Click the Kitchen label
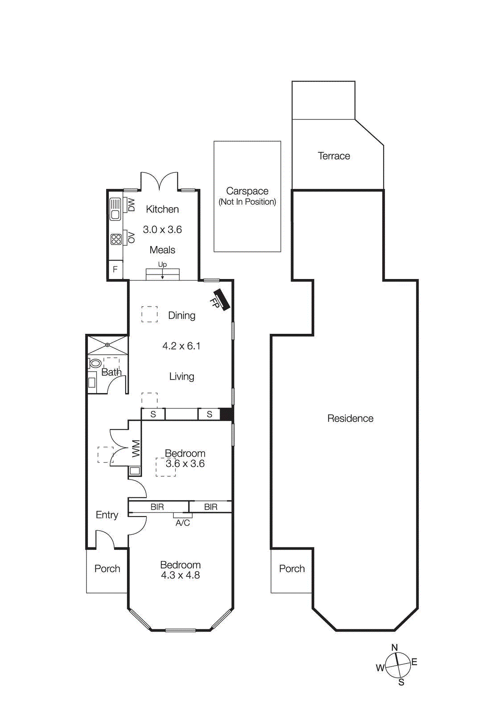click(x=162, y=209)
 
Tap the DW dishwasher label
click(x=131, y=205)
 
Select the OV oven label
click(x=131, y=237)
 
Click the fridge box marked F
click(x=115, y=269)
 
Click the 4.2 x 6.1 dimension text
click(x=181, y=346)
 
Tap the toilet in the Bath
click(x=95, y=363)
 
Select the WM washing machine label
click(x=136, y=448)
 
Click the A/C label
click(x=183, y=523)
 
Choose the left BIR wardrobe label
click(x=157, y=507)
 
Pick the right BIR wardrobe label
click(x=211, y=507)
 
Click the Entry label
click(x=107, y=515)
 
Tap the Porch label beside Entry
click(x=107, y=569)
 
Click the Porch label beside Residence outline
click(x=292, y=569)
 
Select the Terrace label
click(x=334, y=156)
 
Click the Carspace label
click(x=247, y=191)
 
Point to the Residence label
click(x=350, y=418)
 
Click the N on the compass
click(x=394, y=647)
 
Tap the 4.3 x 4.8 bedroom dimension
click(x=180, y=575)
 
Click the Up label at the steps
click(x=162, y=265)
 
